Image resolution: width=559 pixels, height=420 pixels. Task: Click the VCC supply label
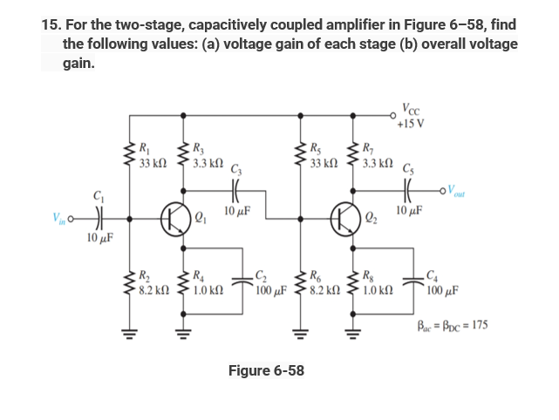coord(411,110)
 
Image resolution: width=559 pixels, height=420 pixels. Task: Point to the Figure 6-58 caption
coord(266,370)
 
